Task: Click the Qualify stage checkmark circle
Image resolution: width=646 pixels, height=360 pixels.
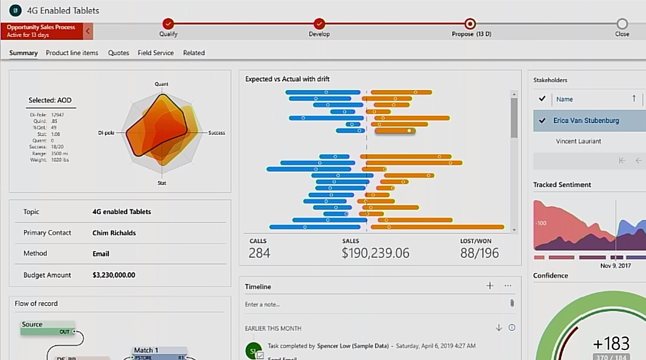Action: (168, 23)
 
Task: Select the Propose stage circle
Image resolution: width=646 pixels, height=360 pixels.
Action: (470, 23)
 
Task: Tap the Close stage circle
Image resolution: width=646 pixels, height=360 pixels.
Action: (622, 23)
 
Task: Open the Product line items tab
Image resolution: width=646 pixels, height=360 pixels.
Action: (72, 53)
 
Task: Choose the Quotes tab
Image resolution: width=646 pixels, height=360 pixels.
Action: (119, 53)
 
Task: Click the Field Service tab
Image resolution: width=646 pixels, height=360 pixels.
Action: (156, 53)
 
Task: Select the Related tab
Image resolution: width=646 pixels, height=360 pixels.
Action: (194, 53)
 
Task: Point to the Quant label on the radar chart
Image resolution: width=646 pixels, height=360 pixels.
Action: (162, 84)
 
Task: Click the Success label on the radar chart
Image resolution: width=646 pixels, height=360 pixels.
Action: (217, 133)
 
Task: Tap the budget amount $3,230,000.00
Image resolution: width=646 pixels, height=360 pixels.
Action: (114, 275)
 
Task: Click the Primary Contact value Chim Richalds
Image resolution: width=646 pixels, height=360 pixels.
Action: (114, 233)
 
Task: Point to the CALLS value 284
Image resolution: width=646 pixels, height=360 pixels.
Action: (259, 253)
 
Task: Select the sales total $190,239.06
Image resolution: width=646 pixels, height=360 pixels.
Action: (375, 253)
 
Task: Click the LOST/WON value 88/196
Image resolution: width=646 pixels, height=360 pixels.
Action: (480, 253)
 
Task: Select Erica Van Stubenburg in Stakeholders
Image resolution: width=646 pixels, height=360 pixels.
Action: (586, 121)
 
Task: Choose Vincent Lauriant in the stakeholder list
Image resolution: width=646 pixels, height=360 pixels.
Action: (578, 141)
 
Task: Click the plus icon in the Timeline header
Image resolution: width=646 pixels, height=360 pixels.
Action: (490, 286)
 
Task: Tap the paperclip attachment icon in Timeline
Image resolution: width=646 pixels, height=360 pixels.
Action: (512, 304)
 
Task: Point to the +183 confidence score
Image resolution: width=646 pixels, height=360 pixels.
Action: (611, 343)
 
